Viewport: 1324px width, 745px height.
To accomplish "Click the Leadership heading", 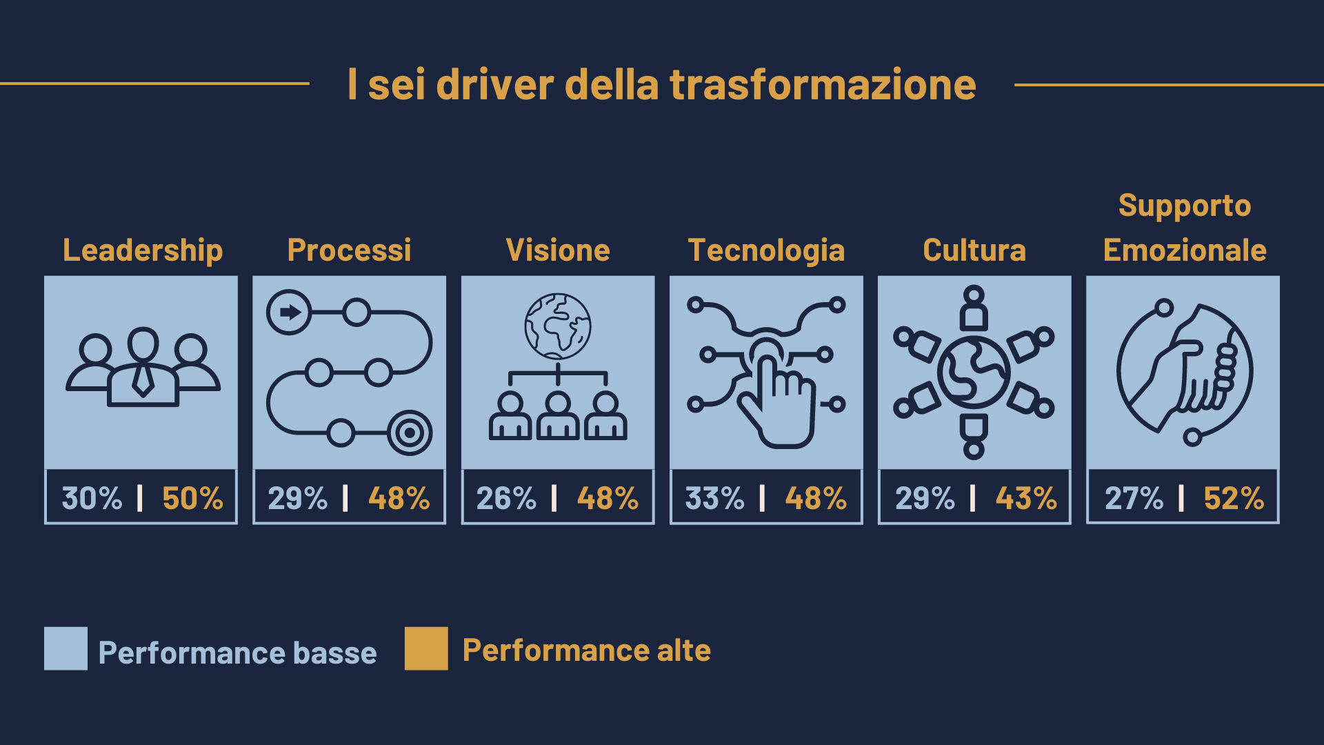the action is (143, 250).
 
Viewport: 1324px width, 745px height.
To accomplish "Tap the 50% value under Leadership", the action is (192, 498).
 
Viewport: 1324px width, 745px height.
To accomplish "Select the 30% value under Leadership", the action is (92, 498).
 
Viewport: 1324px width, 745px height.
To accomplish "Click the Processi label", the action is (349, 250).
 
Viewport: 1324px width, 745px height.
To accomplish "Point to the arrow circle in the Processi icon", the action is (290, 312).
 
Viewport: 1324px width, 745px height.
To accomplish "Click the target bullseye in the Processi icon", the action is (410, 433).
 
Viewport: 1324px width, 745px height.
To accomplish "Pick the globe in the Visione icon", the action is (558, 326).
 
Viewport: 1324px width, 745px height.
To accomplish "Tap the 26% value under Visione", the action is (506, 498).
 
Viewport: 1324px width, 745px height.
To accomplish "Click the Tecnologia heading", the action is (766, 250).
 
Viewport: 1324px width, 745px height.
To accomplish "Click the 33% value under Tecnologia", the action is (715, 498).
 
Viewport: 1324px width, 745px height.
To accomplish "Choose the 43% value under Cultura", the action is (1026, 498).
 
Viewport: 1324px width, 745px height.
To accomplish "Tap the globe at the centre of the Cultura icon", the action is (974, 372).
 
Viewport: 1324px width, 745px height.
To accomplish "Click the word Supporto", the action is (1185, 206).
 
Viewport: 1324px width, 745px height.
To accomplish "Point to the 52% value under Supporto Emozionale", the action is (1234, 498).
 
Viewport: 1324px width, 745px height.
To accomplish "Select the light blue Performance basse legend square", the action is (66, 648).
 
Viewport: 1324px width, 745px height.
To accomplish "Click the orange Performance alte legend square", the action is (426, 648).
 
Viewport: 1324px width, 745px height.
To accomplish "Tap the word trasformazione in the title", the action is (823, 85).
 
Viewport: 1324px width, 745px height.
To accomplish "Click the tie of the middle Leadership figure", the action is (143, 380).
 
